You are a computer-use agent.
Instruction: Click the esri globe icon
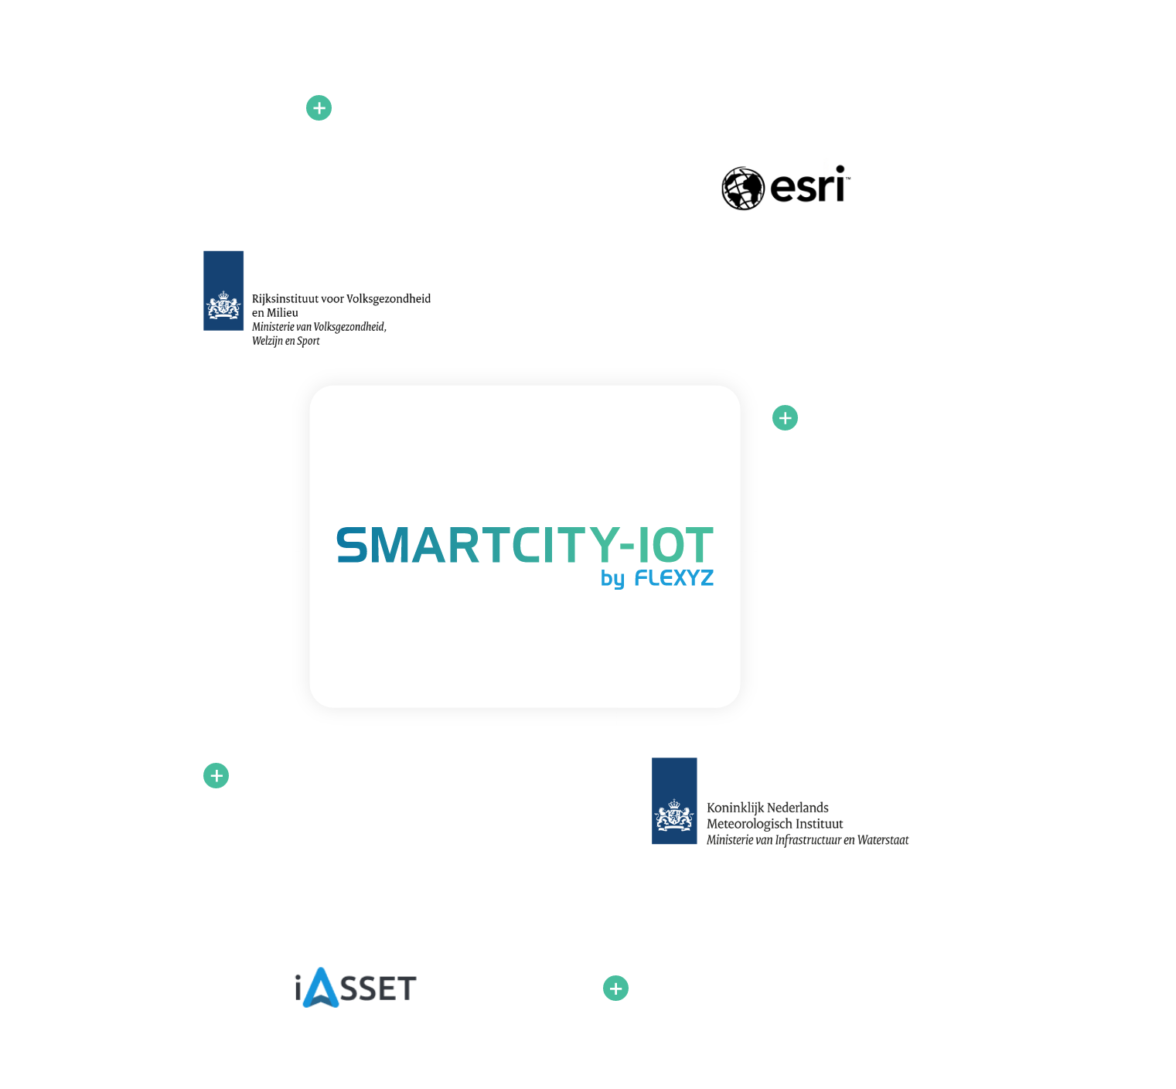[743, 189]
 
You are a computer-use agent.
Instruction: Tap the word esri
[807, 186]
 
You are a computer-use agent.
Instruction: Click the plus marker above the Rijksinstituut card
[319, 108]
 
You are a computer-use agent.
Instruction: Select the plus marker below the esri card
[785, 418]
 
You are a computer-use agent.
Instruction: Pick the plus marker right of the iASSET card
[615, 988]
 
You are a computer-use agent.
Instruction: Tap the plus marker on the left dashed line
[216, 775]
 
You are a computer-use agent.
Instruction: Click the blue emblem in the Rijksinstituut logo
[223, 291]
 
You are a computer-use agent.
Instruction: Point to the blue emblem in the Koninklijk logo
[674, 801]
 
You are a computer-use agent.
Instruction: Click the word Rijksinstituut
[281, 298]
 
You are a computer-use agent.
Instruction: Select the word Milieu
[282, 313]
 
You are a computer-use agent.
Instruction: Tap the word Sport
[308, 341]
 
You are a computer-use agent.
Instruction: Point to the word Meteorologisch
[747, 824]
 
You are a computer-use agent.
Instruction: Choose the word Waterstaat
[883, 840]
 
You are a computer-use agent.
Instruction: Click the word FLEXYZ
[674, 578]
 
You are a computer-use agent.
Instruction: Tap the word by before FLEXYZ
[612, 579]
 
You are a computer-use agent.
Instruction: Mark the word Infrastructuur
[807, 840]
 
